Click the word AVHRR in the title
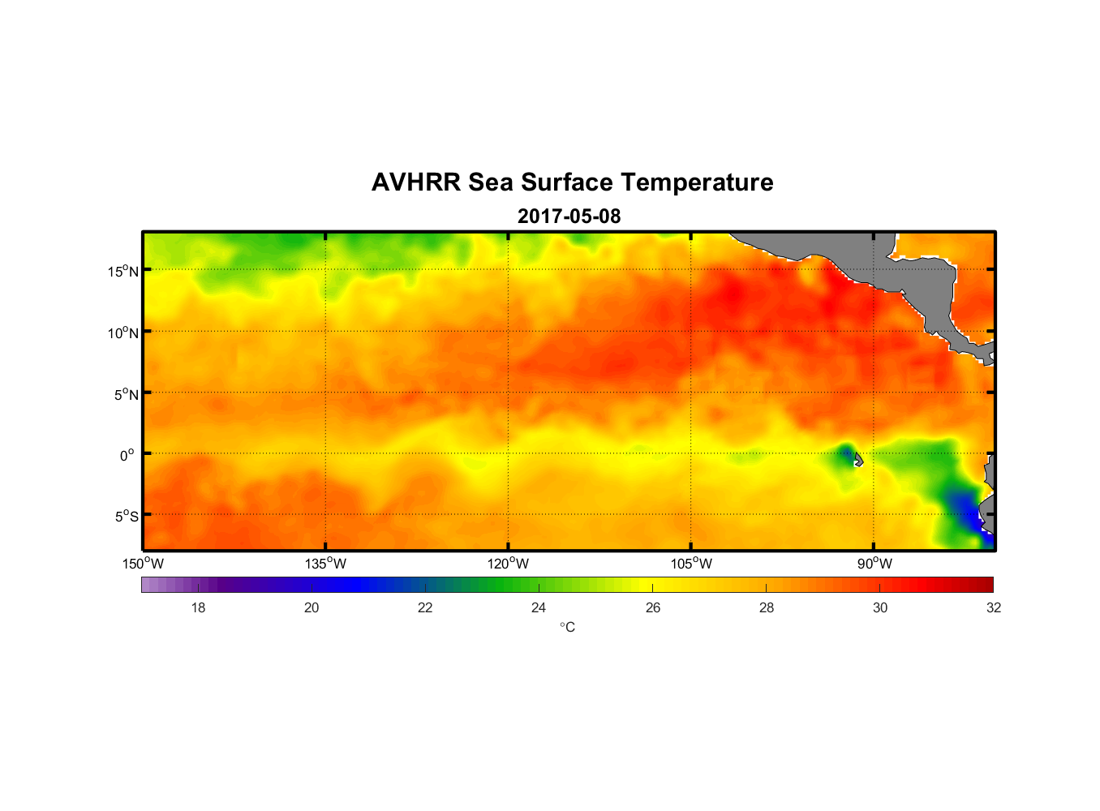pos(416,182)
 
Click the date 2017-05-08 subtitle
pos(569,217)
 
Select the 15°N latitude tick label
pos(123,271)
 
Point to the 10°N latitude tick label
pos(123,333)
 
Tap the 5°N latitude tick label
pos(127,394)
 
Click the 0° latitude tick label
pos(127,455)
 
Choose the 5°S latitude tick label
pos(127,517)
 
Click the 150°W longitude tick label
pos(143,564)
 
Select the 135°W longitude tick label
pos(325,564)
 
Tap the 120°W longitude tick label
pos(508,564)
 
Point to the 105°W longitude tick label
pos(691,564)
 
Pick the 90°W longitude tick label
pos(874,564)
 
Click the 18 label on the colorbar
pos(198,607)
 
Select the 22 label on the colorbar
pos(425,607)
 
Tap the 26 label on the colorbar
pos(653,607)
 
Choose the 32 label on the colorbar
pos(994,607)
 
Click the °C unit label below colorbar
pos(567,627)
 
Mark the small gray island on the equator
pos(858,460)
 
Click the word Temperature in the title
pos(697,182)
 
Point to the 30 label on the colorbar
pos(880,607)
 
